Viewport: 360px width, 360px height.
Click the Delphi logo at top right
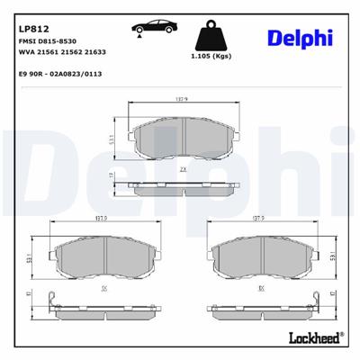[x=300, y=38]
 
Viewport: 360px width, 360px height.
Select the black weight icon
[x=212, y=37]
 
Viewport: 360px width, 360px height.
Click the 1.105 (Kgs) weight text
[x=213, y=58]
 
